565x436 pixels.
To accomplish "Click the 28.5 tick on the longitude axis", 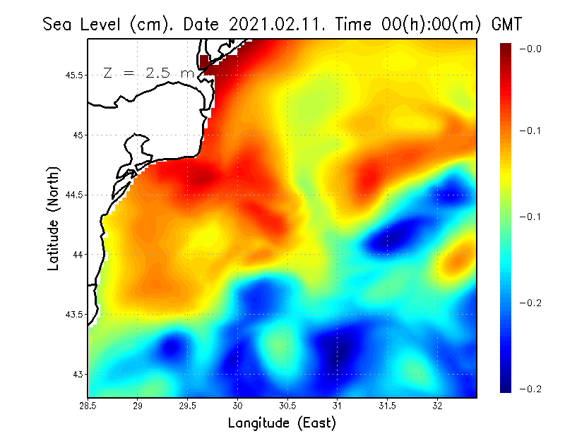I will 88,406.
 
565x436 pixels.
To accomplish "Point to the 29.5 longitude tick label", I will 188,406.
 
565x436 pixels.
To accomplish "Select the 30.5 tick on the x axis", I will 287,406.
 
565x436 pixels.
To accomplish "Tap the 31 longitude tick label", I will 338,406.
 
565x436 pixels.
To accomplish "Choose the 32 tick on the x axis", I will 438,406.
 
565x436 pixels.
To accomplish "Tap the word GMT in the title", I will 505,24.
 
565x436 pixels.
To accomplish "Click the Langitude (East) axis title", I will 282,423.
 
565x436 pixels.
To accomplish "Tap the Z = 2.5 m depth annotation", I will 149,73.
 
